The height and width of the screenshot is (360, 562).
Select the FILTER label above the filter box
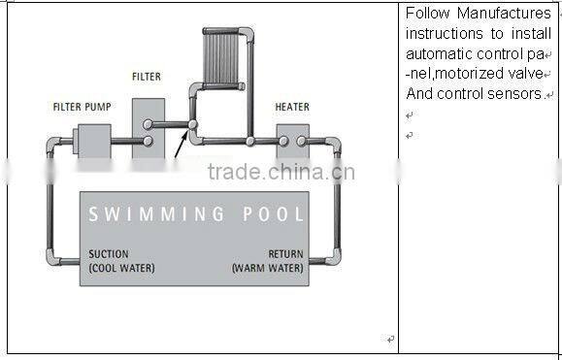[147, 76]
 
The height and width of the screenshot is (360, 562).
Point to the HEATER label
[292, 107]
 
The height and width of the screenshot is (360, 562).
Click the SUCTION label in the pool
[108, 255]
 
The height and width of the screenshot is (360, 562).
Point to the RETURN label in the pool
[285, 255]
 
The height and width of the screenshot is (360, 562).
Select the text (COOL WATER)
[122, 268]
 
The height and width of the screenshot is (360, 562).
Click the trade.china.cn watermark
[281, 174]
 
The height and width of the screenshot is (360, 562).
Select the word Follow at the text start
[427, 14]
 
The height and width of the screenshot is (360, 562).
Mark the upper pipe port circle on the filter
[148, 124]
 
